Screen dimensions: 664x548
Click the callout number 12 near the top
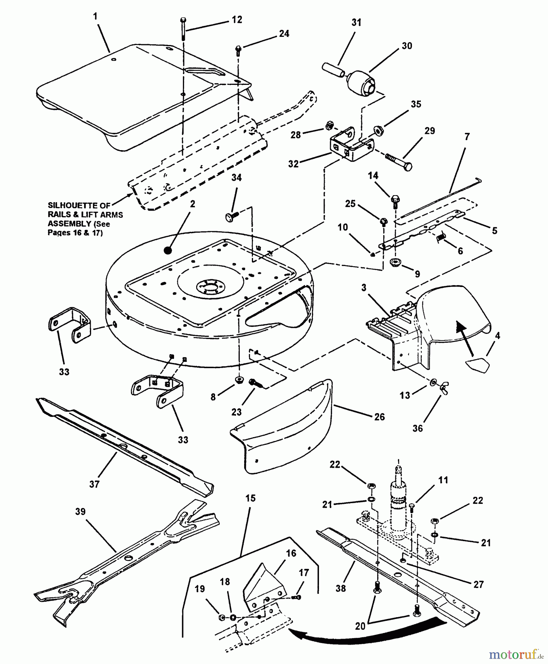(x=237, y=20)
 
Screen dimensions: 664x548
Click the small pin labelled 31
(x=333, y=70)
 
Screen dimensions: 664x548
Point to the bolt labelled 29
(x=398, y=162)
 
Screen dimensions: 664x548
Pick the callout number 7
(x=467, y=137)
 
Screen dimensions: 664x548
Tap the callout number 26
(x=379, y=417)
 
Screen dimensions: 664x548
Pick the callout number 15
(x=250, y=498)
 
